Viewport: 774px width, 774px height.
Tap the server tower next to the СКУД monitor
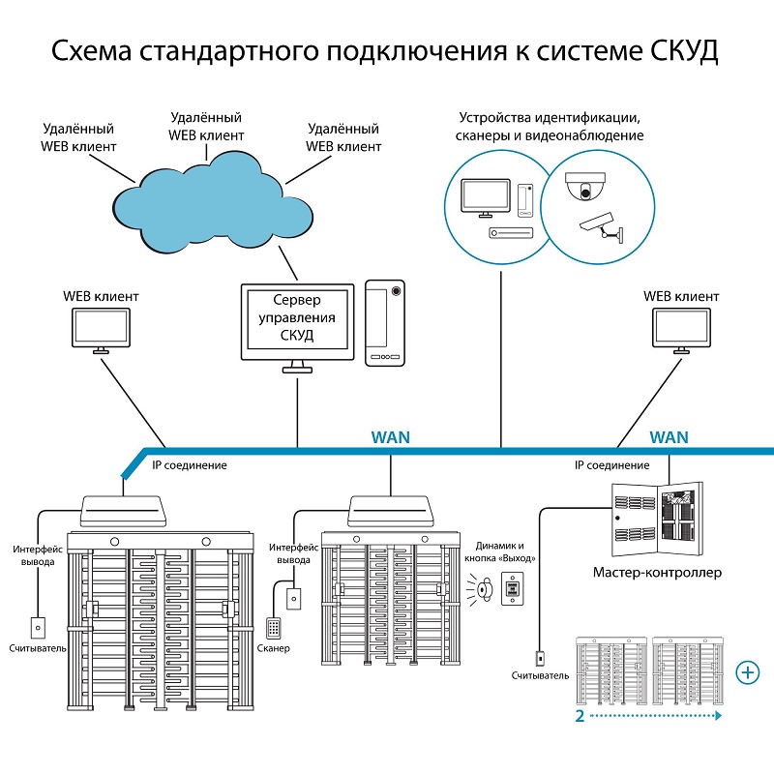(x=385, y=323)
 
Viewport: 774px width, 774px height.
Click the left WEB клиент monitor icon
(x=102, y=330)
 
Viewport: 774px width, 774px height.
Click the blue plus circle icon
(x=747, y=671)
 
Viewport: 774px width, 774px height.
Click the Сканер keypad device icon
(x=276, y=627)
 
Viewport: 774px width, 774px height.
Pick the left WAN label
(x=390, y=437)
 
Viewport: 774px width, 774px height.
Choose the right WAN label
(x=670, y=437)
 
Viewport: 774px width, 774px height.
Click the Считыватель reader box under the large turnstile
(x=38, y=627)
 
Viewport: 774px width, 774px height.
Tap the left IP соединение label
(x=190, y=465)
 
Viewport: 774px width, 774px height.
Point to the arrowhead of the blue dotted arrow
(x=719, y=716)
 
